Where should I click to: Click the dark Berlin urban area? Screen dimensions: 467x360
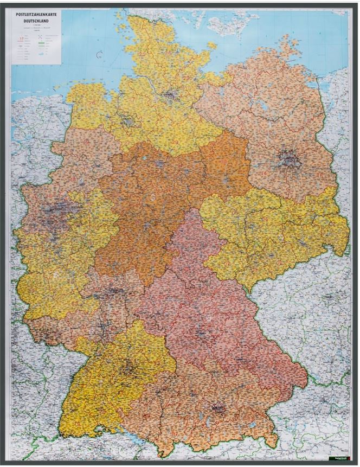pos(288,159)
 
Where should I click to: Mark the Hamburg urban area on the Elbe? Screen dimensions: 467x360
pos(170,95)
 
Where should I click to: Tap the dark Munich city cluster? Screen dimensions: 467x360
pos(218,407)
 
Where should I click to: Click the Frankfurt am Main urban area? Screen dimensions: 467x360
pos(115,293)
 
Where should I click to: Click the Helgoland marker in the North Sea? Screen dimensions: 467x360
pos(99,54)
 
